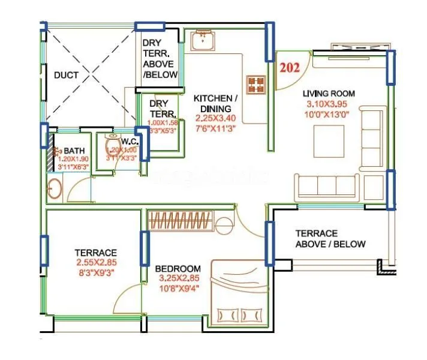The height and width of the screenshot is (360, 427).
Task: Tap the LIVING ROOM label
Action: coord(328,94)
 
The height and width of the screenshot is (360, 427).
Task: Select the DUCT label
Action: coord(65,76)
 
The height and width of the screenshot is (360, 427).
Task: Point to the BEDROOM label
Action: coord(178,268)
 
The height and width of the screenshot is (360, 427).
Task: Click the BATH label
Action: coord(74,151)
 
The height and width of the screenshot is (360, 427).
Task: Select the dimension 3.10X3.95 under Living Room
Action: coord(329,103)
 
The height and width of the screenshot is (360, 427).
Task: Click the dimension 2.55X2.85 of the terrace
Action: coord(95,263)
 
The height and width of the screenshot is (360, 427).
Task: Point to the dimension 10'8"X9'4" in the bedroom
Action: coord(178,289)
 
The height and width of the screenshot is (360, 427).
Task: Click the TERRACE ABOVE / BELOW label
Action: coord(330,238)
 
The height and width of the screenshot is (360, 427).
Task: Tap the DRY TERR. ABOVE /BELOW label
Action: coord(160,59)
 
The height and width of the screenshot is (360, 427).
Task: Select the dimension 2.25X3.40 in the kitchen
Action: coord(215,117)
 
